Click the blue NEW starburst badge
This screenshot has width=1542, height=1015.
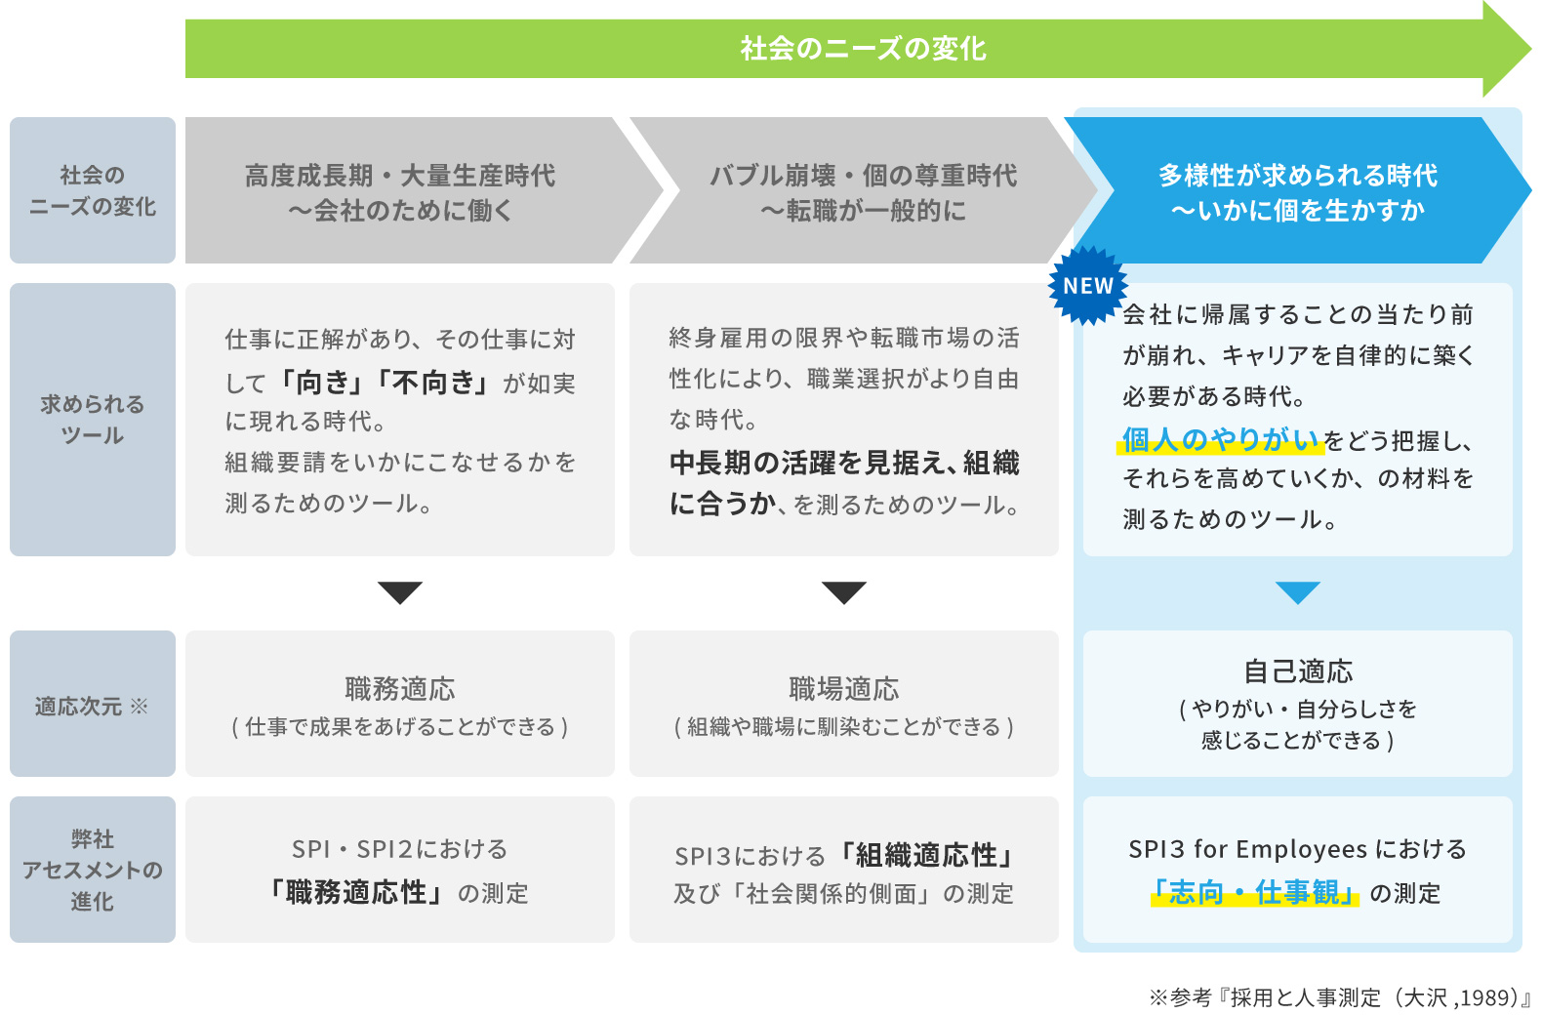(x=1087, y=285)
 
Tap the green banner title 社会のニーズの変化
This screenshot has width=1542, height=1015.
(x=863, y=48)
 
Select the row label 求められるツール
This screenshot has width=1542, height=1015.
(x=92, y=420)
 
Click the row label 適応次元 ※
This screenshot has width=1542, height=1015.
(x=92, y=706)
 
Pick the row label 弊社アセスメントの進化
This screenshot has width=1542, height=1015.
(x=92, y=870)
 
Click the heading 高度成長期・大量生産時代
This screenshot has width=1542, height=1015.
(x=399, y=176)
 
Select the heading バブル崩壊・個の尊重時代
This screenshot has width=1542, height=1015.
(x=863, y=176)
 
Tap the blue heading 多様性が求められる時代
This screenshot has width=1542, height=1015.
(x=1297, y=176)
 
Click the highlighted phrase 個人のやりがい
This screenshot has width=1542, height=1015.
(x=1220, y=440)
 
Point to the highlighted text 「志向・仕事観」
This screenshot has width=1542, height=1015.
(x=1254, y=892)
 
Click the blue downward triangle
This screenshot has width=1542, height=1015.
(x=1297, y=591)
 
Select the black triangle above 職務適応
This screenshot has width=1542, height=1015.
(x=399, y=591)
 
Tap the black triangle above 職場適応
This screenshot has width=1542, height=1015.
(x=843, y=591)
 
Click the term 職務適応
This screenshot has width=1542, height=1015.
(x=399, y=689)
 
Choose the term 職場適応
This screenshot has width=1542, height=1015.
(x=843, y=689)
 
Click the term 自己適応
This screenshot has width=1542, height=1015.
(x=1297, y=671)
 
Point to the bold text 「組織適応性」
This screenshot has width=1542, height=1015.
(x=926, y=856)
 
